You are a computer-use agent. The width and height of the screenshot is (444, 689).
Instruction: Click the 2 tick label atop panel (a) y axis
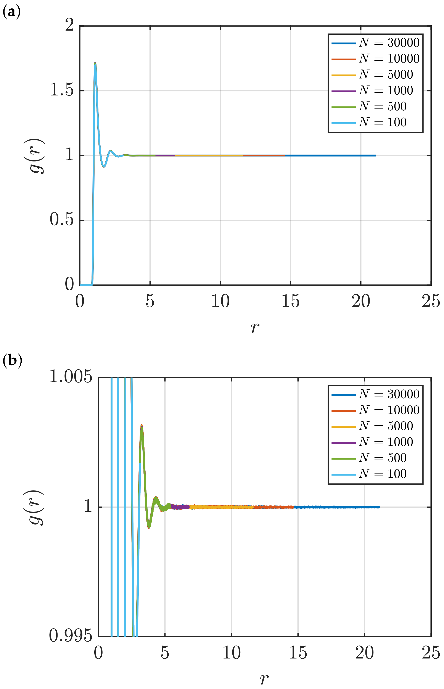tap(69, 25)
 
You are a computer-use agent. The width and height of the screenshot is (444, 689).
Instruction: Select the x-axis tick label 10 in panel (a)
tap(220, 301)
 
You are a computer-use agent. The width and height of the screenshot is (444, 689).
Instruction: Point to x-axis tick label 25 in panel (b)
tap(431, 653)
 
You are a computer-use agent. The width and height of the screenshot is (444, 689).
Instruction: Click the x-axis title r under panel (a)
tap(255, 327)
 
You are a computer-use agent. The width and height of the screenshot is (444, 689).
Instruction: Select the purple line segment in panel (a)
tap(165, 155)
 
